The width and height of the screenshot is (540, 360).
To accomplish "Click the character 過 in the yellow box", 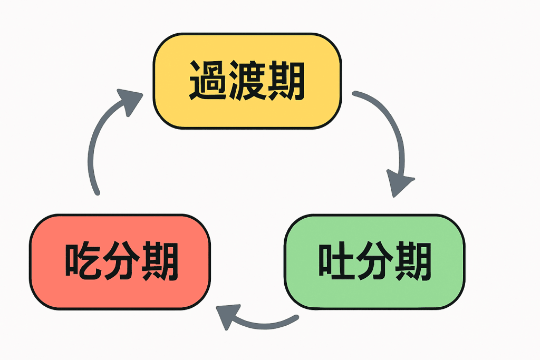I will [208, 82].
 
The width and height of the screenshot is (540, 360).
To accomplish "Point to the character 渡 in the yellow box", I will [247, 82].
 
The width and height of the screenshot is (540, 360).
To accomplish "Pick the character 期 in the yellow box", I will [286, 82].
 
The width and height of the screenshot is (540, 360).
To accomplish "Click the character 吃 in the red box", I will [82, 262].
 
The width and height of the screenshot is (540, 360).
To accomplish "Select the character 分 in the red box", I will [121, 262].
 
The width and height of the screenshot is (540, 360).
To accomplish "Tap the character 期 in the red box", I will [159, 262].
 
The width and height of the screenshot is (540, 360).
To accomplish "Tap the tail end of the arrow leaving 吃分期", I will [97, 192].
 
